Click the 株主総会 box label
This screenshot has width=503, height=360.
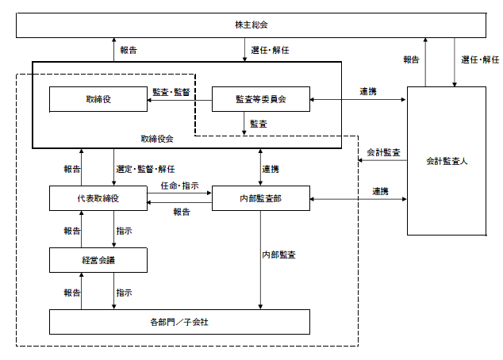251,25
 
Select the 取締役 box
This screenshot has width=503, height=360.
98,99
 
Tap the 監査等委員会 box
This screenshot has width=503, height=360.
261,99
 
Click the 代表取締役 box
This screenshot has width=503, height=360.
98,198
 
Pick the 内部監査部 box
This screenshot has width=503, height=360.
261,198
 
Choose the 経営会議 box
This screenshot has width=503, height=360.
98,260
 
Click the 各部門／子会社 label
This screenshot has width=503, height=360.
179,322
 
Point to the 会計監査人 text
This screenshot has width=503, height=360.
447,161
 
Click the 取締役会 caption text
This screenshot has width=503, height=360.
157,139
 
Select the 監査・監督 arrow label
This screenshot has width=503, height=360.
171,92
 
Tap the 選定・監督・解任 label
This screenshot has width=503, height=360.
145,169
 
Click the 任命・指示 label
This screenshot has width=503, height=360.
179,186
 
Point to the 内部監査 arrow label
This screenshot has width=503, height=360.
278,255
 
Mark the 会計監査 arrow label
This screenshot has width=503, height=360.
383,152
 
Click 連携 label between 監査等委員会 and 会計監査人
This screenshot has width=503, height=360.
368,92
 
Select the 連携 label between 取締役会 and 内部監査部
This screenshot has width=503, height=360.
271,169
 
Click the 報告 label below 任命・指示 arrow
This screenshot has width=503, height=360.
182,212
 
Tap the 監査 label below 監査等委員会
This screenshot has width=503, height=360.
259,124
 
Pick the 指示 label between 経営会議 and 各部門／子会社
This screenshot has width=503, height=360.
124,293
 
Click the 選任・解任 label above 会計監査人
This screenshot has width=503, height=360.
480,59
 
